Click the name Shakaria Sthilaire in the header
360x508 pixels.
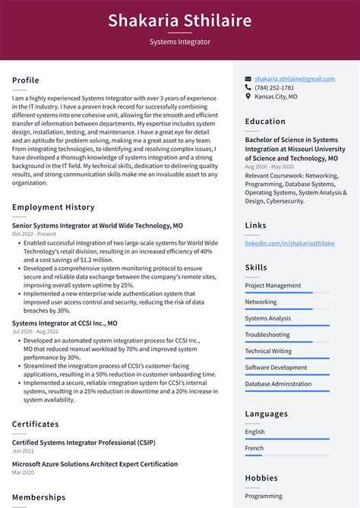(180, 20)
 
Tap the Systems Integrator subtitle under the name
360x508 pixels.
(180, 42)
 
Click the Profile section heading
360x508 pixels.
(26, 80)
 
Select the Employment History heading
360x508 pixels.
(53, 207)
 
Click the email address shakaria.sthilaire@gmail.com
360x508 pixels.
(295, 78)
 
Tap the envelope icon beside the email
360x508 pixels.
(248, 78)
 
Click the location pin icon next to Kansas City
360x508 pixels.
(248, 96)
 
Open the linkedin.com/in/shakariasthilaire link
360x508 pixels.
(289, 243)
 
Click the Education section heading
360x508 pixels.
(265, 121)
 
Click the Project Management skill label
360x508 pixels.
(273, 286)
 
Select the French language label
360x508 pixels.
(255, 448)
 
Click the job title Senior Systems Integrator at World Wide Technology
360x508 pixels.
(97, 226)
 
